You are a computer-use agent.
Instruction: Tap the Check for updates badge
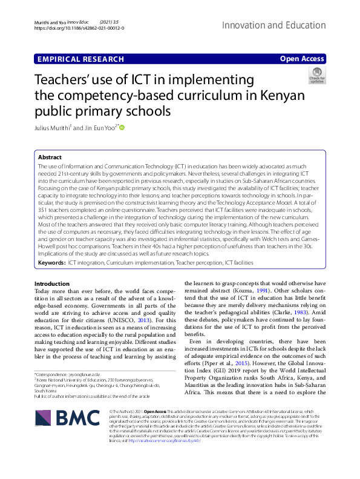pyautogui.click(x=316, y=75)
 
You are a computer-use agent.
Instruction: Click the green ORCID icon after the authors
pyautogui.click(x=122, y=128)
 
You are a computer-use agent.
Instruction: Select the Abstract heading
pyautogui.click(x=50, y=157)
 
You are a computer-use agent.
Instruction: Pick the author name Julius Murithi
pyautogui.click(x=52, y=128)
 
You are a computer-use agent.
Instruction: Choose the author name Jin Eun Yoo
pyautogui.click(x=99, y=128)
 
